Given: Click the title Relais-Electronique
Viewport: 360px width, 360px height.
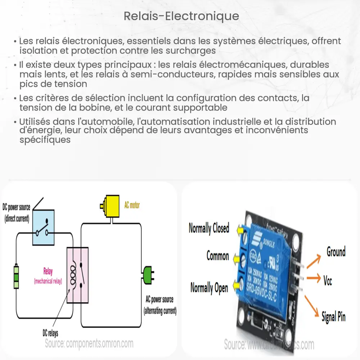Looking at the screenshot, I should (181, 16).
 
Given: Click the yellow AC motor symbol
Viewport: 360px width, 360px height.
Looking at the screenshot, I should (111, 206).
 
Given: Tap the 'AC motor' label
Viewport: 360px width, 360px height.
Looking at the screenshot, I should (132, 205).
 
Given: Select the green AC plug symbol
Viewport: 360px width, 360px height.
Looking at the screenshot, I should (148, 275).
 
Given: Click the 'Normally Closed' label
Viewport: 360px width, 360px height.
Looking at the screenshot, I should (209, 228).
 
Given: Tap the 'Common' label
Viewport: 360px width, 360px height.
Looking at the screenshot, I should (217, 256).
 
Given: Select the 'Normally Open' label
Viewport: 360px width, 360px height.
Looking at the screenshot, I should (209, 288).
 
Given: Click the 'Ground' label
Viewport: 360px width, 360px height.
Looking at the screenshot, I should (336, 252).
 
